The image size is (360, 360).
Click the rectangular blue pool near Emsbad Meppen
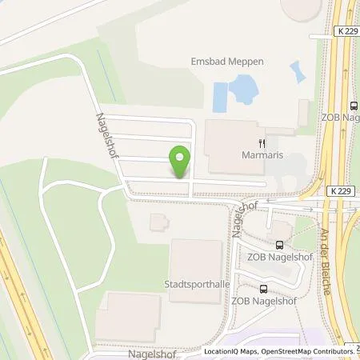pyautogui.click(x=220, y=96)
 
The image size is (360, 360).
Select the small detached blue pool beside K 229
pyautogui.click(x=298, y=72)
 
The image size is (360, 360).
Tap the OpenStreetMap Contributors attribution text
pyautogui.click(x=304, y=351)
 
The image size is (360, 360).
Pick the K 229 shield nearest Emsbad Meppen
pyautogui.click(x=320, y=34)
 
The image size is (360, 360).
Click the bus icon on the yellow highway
pyautogui.click(x=353, y=106)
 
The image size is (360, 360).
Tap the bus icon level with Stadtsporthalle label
pyautogui.click(x=262, y=289)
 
